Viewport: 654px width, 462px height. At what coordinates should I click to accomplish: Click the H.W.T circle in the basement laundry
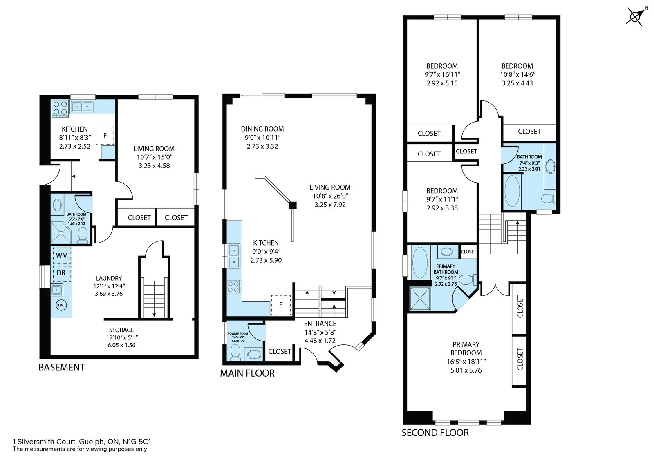(61, 305)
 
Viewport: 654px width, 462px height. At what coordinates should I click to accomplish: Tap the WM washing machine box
(62, 256)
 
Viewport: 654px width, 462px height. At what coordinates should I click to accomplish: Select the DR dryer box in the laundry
(62, 273)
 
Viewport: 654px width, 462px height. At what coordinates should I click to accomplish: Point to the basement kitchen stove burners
(60, 108)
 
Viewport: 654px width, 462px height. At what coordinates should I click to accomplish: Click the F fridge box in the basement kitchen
(105, 136)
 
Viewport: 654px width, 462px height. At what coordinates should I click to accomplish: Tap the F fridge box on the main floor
(281, 305)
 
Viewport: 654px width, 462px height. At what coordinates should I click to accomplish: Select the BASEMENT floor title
(62, 368)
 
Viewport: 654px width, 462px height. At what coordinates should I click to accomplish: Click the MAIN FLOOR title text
(247, 373)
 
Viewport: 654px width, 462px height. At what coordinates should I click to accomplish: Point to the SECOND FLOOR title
(435, 433)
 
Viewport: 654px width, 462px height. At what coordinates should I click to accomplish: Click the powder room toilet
(235, 352)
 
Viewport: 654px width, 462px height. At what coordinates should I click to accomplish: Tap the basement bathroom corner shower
(61, 232)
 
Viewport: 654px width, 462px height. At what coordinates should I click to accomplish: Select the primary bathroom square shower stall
(420, 299)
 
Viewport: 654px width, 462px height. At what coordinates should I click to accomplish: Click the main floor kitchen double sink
(234, 256)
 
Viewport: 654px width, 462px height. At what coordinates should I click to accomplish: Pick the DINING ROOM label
(262, 129)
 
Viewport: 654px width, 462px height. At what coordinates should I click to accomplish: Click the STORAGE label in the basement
(121, 330)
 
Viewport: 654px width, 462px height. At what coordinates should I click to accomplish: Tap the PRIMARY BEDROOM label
(466, 348)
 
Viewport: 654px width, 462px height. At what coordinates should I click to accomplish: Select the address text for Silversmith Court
(82, 442)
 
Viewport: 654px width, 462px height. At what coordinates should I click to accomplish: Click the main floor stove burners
(234, 286)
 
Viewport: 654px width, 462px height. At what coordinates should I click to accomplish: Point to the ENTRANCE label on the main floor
(320, 324)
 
